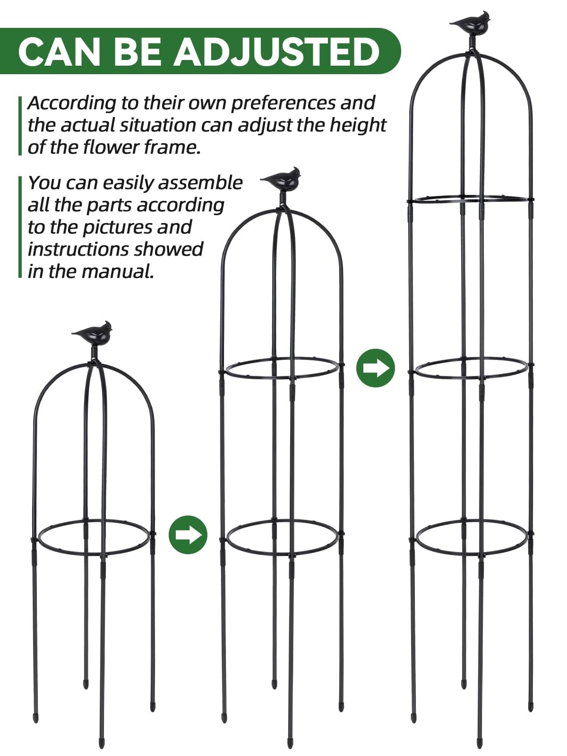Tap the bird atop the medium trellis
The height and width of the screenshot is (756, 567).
(x=283, y=180)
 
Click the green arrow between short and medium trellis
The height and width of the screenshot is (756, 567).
(x=188, y=534)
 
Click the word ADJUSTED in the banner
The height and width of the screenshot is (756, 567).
(x=276, y=52)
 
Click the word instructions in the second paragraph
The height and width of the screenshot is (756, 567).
(x=115, y=249)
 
